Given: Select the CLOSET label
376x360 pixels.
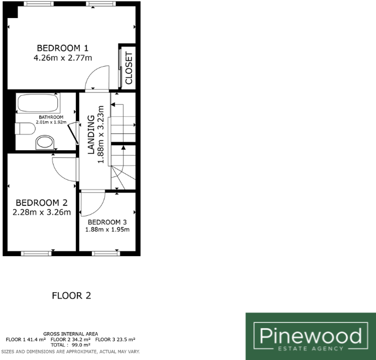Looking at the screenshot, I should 129,68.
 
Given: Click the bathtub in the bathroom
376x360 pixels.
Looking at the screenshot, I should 38,103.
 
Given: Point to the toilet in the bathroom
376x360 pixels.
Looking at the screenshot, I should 22,129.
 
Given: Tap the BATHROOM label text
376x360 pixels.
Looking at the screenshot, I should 51,117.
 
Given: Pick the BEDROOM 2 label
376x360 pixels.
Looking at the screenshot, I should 42,202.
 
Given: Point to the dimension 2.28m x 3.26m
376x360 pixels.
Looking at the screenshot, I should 42,212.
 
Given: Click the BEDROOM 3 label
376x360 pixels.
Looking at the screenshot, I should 107,222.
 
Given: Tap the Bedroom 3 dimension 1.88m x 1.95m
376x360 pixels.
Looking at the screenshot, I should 107,230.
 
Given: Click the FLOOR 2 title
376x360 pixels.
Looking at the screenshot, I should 71,296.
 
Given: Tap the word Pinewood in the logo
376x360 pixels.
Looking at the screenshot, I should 310,334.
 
